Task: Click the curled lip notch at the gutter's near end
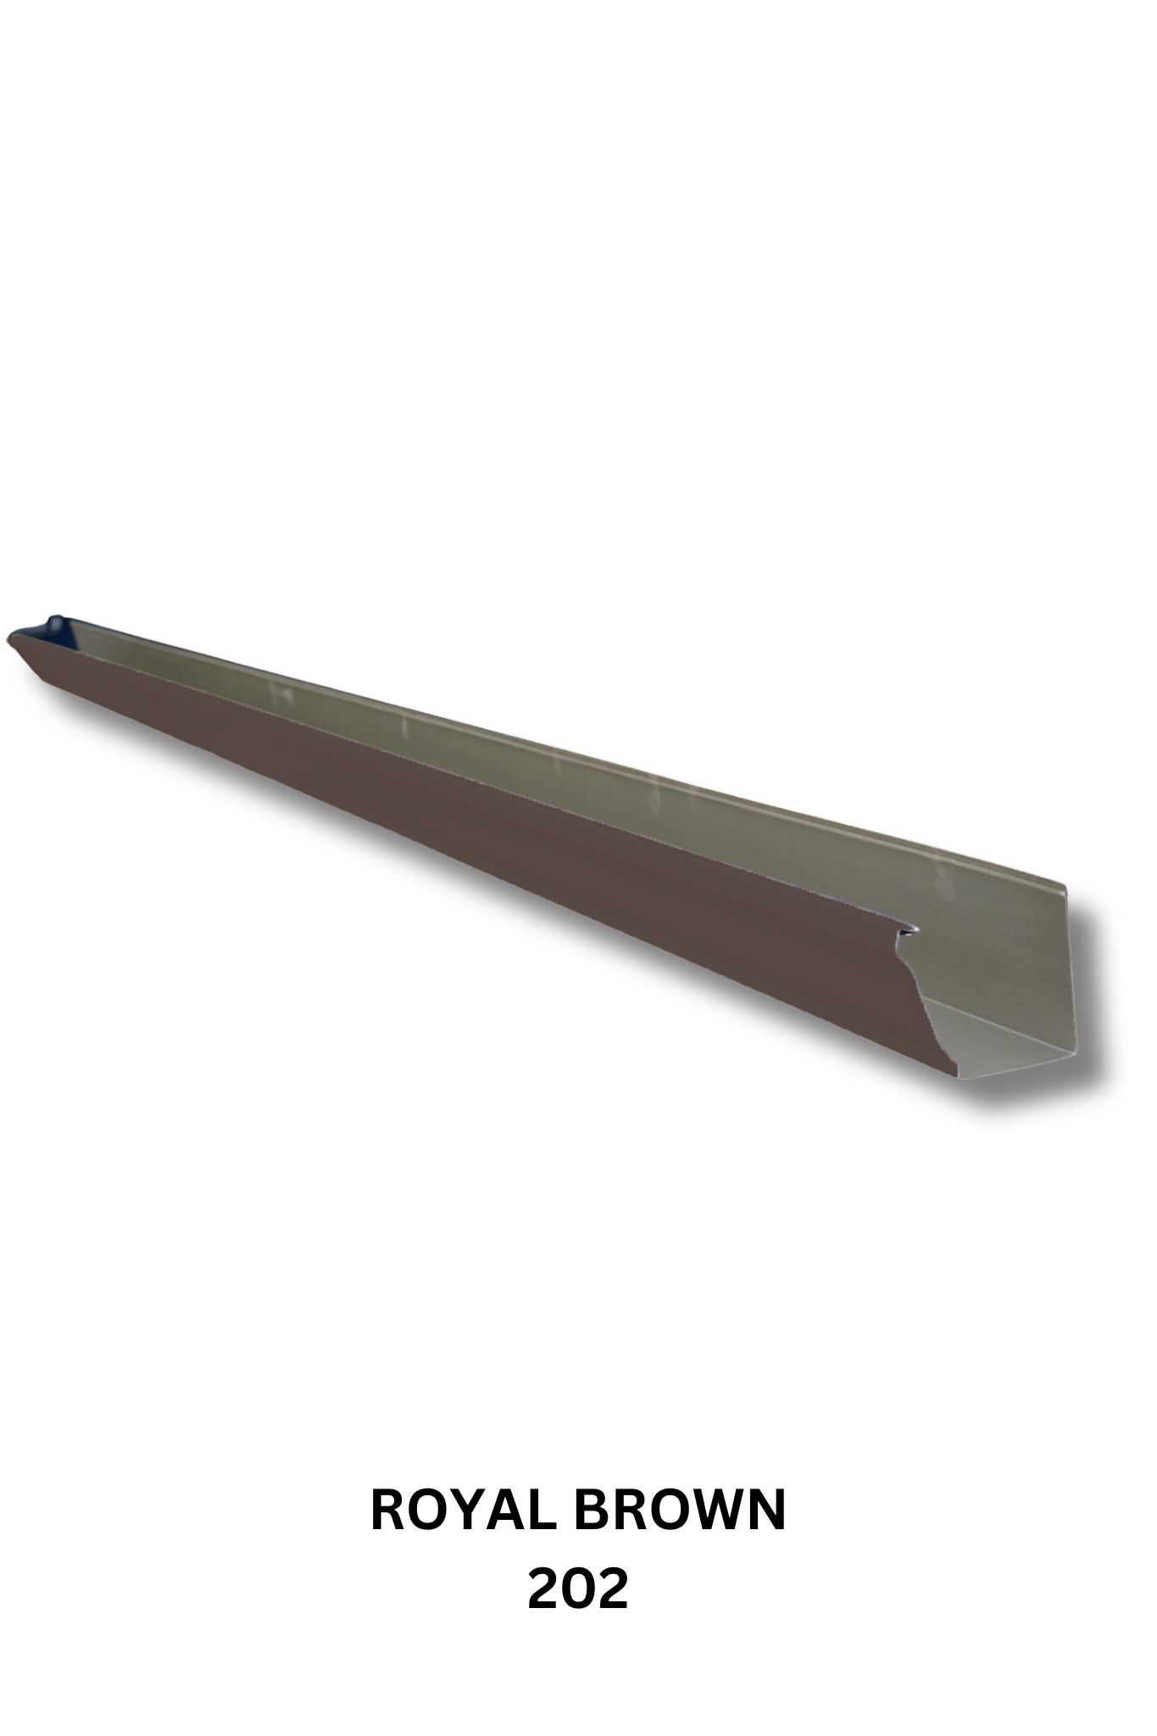(909, 931)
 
